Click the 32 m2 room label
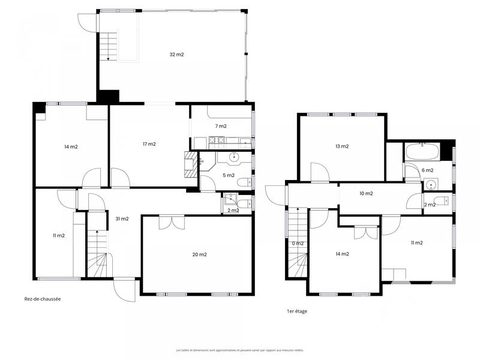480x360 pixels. pos(176,55)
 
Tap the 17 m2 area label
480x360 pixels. pos(149,144)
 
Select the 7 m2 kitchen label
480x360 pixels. pos(221,126)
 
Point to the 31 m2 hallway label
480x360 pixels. pos(122,219)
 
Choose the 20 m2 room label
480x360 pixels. pos(199,254)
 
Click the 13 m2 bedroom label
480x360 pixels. pos(342,146)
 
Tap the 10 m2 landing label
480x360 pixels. pos(366,193)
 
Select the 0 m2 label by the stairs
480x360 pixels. pos(297,243)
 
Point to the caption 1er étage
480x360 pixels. pos(297,311)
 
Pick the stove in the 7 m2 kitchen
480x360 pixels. pos(216,142)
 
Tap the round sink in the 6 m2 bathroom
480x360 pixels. pos(430,185)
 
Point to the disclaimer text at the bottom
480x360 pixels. pos(239,350)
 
